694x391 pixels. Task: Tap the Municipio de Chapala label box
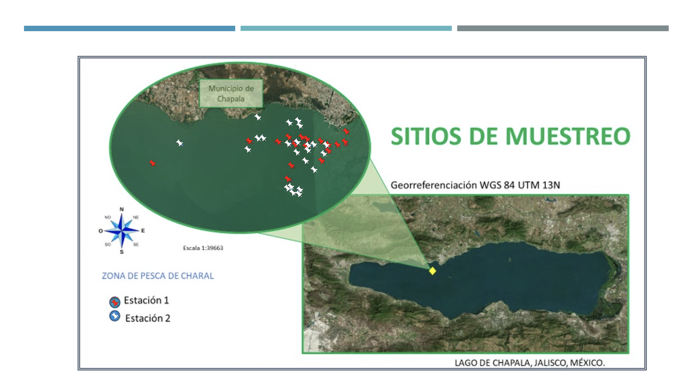231,93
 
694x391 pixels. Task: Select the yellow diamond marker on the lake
432,271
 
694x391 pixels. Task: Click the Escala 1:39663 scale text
203,248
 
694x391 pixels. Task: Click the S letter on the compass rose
122,252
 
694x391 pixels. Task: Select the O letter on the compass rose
100,231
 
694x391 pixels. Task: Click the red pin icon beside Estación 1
115,302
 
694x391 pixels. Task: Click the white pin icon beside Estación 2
115,316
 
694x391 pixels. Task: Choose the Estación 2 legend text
148,318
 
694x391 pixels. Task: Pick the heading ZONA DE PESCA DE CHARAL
158,276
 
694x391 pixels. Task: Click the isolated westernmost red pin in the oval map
152,163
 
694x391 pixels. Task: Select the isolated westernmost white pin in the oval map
179,143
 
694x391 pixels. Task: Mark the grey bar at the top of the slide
563,28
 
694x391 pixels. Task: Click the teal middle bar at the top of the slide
346,28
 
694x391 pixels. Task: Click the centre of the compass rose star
122,231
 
